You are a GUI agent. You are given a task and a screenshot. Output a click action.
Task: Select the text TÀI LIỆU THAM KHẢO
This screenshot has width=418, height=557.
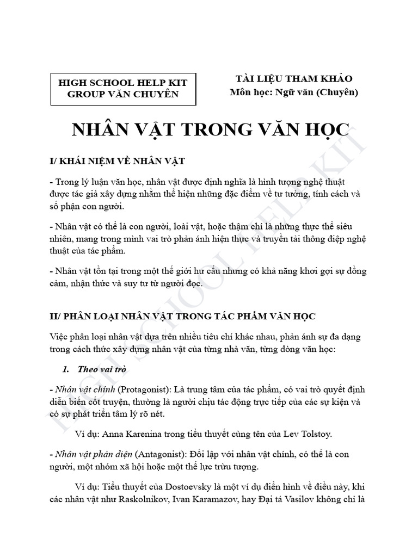click(x=291, y=79)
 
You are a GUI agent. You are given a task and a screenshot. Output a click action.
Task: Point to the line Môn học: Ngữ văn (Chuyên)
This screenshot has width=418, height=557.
click(x=294, y=92)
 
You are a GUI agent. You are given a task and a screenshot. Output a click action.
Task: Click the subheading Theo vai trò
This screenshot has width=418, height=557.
click(x=102, y=368)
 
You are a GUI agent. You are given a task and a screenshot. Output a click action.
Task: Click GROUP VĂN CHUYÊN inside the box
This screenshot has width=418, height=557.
click(x=122, y=94)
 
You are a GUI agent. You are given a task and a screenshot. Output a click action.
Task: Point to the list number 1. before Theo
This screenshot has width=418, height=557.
click(x=66, y=368)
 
